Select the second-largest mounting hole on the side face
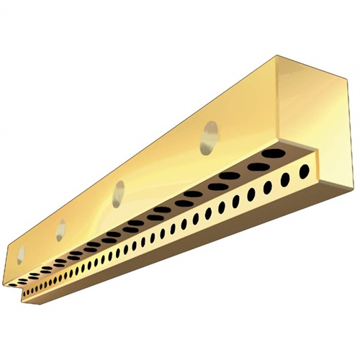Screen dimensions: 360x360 click(x=118, y=193)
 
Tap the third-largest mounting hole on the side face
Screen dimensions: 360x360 click(x=61, y=228)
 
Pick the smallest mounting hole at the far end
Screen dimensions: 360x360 click(x=21, y=253)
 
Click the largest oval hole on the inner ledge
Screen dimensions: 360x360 click(x=272, y=153)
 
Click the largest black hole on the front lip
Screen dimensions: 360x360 click(x=305, y=171)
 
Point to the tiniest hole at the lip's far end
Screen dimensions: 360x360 click(x=26, y=294)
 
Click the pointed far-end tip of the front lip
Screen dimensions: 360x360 click(x=22, y=300)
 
